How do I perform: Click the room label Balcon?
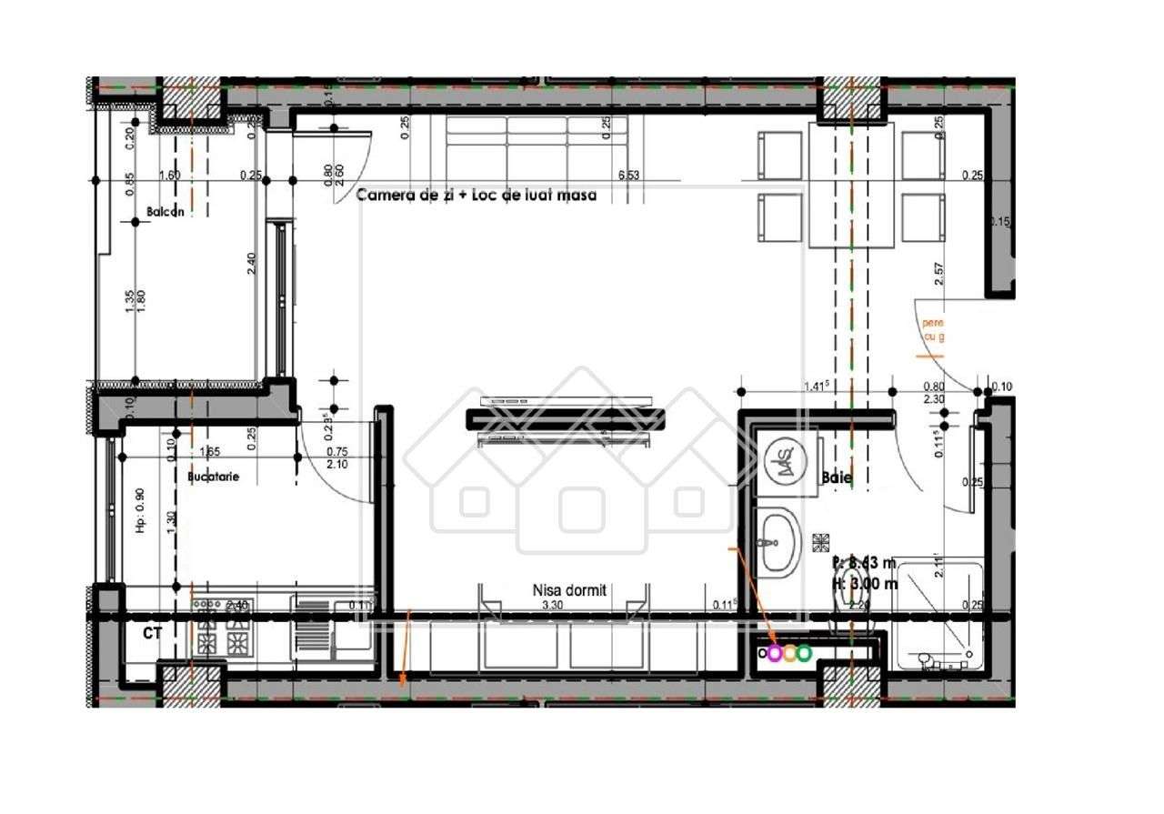point(165,212)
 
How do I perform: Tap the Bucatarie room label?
point(214,477)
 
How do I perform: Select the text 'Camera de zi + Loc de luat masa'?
point(477,195)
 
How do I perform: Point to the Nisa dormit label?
point(569,590)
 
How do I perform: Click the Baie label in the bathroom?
point(837,477)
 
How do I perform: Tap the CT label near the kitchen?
point(152,631)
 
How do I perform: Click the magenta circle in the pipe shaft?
point(774,652)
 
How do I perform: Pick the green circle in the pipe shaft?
point(804,652)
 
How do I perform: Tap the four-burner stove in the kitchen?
point(221,628)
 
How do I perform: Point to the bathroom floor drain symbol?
point(818,538)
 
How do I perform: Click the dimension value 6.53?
point(627,175)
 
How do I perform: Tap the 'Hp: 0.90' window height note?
point(140,515)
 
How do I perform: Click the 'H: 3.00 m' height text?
point(865,583)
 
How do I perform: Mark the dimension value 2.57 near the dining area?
point(939,273)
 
